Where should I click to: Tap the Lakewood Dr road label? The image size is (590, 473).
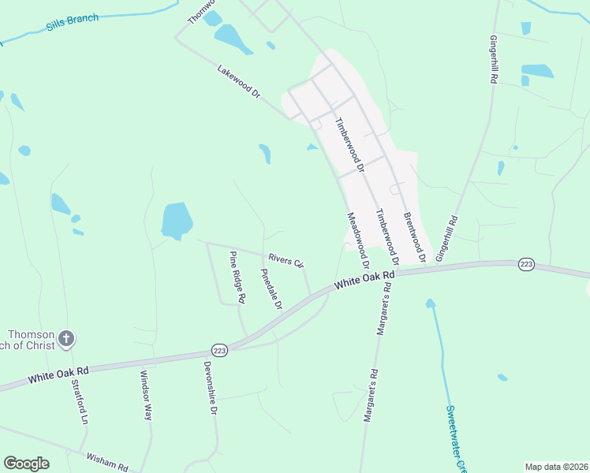point(239,81)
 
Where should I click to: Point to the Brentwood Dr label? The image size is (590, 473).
point(415,237)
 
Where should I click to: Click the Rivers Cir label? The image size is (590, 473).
point(286,260)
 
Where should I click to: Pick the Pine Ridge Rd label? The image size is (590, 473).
point(237,277)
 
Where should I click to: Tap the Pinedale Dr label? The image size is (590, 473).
point(271,289)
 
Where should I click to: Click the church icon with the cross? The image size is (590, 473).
point(66,339)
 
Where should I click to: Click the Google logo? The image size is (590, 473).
point(26,464)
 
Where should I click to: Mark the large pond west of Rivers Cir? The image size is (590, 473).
point(177,221)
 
